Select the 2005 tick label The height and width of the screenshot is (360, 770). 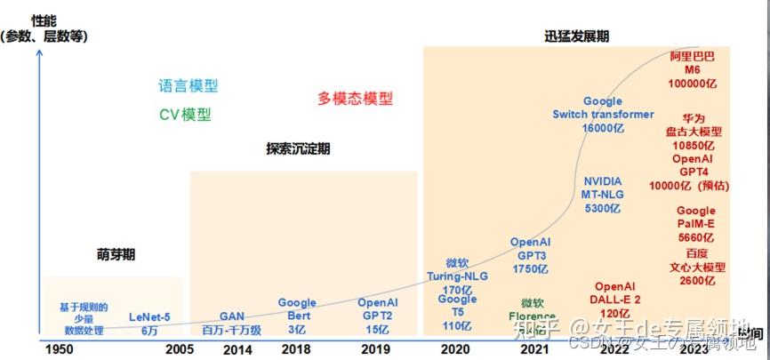coord(180,350)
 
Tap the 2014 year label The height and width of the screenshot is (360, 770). coord(237,350)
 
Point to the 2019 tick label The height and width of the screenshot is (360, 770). coord(376,350)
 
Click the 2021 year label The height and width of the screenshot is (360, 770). coord(533,350)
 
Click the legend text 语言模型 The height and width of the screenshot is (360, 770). coord(188,86)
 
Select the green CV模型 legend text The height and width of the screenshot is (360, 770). coord(186,114)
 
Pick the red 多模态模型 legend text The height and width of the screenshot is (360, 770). coord(355,99)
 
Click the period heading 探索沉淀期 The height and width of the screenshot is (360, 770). coord(298,149)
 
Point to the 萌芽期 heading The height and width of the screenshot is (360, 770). coord(116,254)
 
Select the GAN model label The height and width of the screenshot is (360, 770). coord(231,316)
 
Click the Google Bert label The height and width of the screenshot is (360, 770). coord(297,309)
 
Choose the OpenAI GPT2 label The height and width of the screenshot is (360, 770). coord(377,309)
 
